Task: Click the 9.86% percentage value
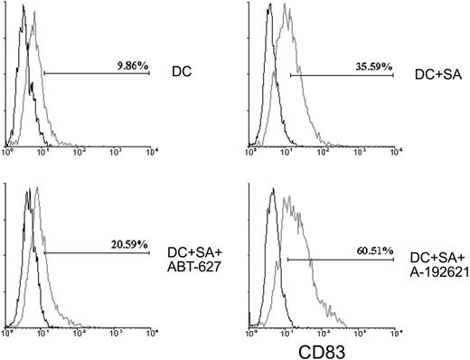tap(131, 65)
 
